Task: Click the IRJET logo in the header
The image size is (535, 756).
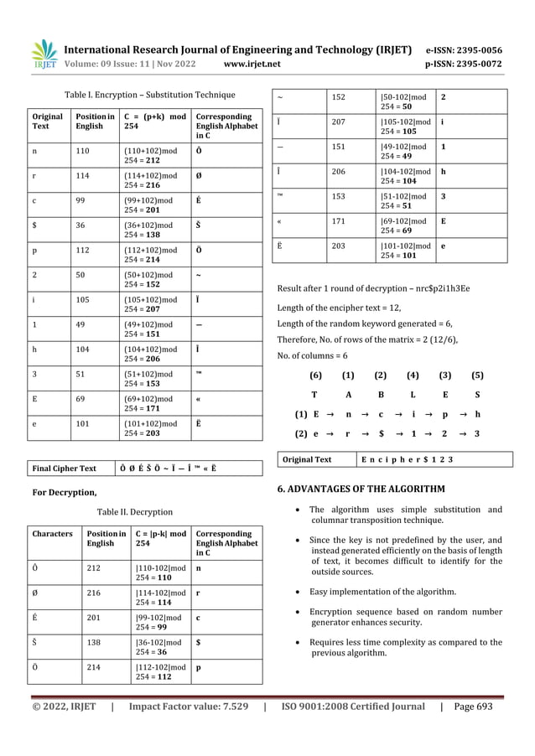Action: [x=44, y=54]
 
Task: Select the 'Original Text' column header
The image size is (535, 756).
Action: [x=46, y=122]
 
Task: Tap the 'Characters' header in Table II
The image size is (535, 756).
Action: [x=51, y=533]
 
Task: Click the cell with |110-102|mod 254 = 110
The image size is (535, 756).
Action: [x=160, y=572]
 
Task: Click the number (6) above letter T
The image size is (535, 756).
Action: [x=315, y=375]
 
